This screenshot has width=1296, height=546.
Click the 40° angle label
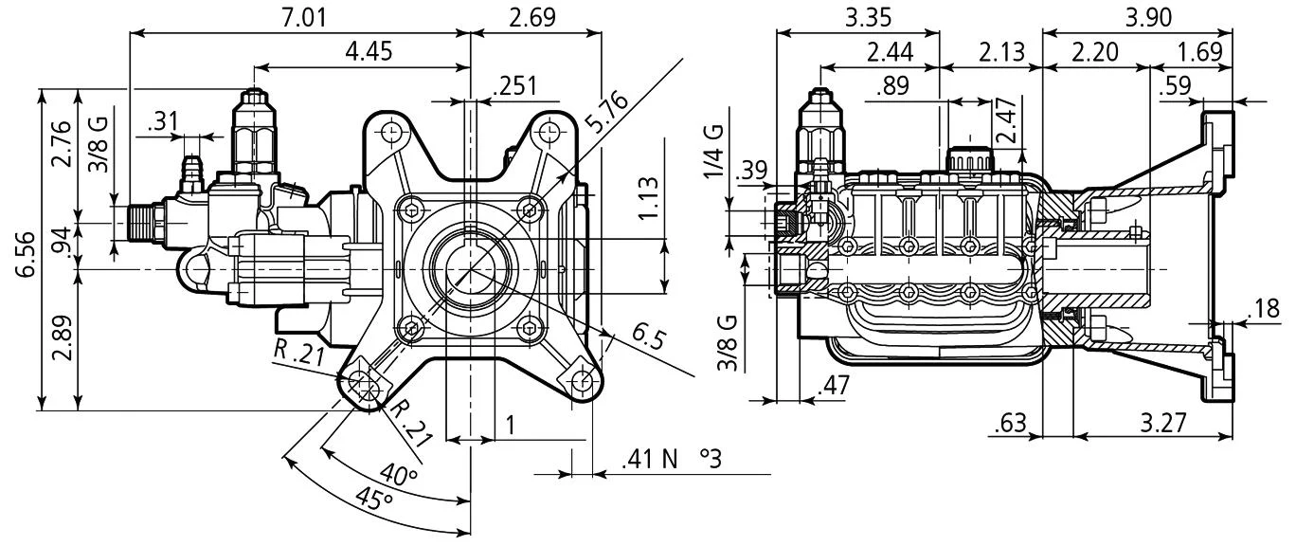coord(399,473)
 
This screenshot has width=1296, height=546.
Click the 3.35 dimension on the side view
coord(857,17)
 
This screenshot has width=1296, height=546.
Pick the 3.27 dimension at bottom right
coord(1161,423)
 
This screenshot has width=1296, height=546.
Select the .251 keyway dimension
coord(514,86)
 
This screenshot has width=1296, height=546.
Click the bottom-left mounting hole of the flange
coord(361,381)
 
